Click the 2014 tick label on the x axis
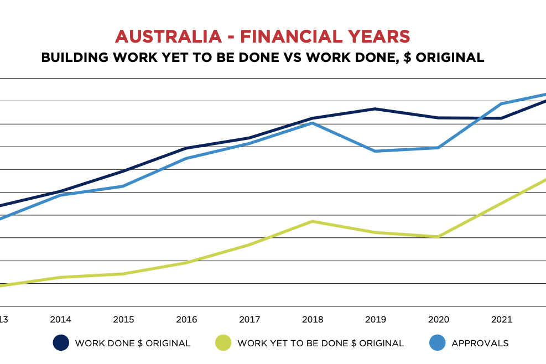pos(60,320)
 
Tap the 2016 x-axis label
pos(186,320)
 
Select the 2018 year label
pos(313,320)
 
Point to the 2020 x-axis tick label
pos(438,320)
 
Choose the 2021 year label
pos(501,320)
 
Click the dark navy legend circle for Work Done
pos(60,343)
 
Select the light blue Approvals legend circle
pos(437,343)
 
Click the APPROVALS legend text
pos(480,343)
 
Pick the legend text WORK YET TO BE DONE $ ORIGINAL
pos(320,343)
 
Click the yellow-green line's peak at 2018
pos(313,221)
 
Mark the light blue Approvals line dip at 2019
pos(376,151)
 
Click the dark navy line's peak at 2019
pos(376,109)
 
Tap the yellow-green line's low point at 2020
pos(438,237)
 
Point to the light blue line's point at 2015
pos(123,186)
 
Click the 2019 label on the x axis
pos(376,320)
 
